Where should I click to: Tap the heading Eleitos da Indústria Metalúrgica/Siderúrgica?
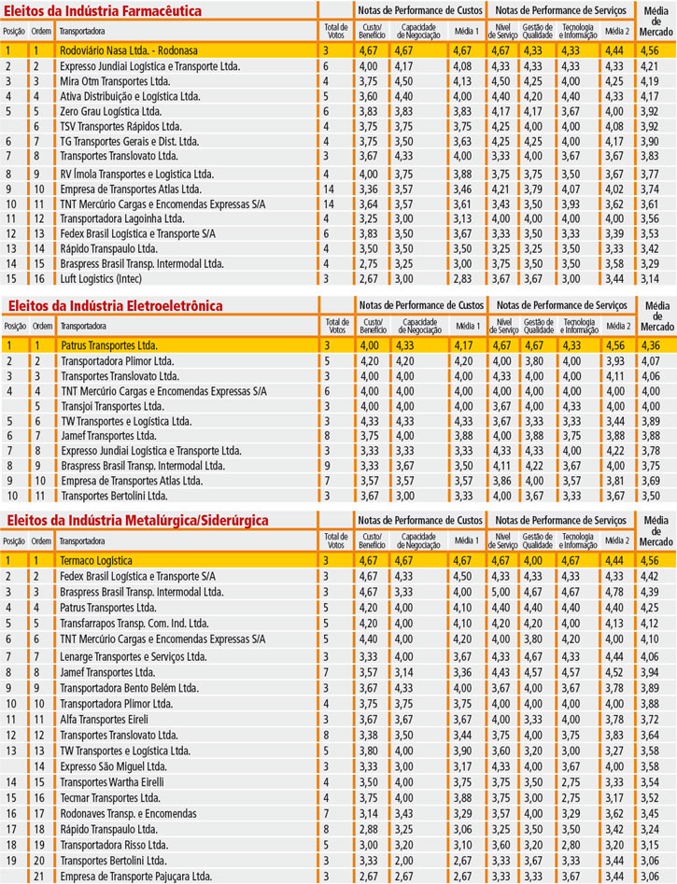coord(136,520)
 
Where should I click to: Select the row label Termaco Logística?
coord(95,560)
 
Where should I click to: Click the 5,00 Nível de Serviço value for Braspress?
coord(501,592)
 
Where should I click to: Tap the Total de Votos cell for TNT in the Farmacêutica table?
coord(328,203)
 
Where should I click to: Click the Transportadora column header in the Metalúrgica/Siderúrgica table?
coord(83,540)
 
